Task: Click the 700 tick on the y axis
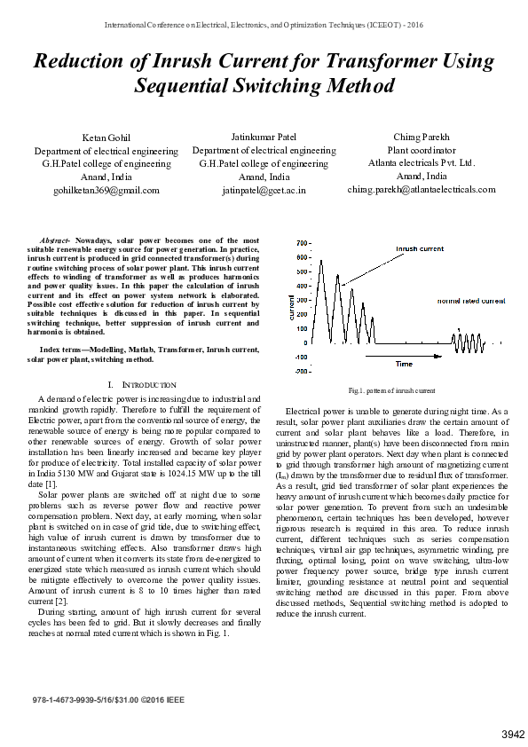pos(303,242)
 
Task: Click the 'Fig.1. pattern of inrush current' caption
pos(391,390)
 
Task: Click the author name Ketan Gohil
pos(106,138)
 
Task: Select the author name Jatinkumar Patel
pos(264,138)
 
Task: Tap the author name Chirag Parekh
pos(422,137)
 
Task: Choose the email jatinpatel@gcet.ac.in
pos(264,190)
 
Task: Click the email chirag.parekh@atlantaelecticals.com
pos(422,189)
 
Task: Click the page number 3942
pos(513,734)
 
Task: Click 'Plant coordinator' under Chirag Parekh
pos(422,150)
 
